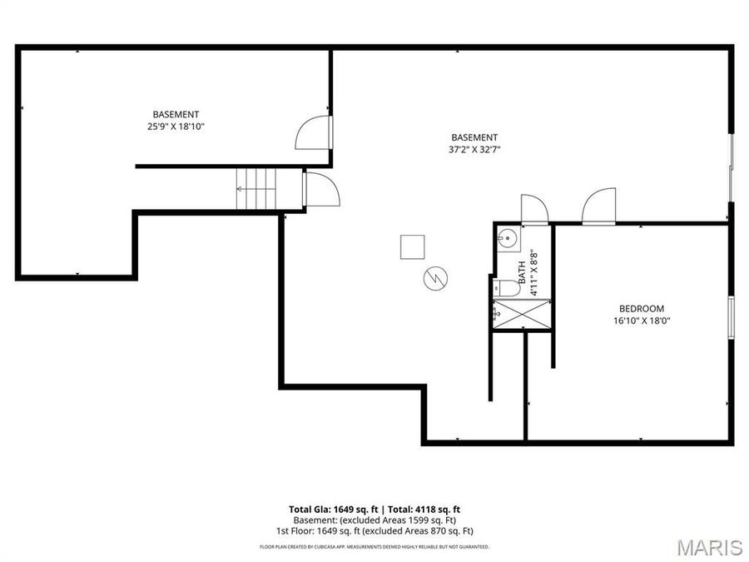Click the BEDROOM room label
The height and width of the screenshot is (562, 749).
point(641,308)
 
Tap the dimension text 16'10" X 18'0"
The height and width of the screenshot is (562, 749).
point(641,320)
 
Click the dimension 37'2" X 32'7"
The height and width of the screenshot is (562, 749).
point(474,150)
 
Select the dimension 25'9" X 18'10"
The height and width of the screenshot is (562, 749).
point(176,127)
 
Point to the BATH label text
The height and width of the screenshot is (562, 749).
point(523,273)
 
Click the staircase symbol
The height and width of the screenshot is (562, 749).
point(256,190)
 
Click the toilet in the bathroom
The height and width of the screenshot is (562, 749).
point(505,289)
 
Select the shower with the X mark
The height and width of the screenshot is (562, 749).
point(522,315)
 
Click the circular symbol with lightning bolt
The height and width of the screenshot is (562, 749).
point(435,278)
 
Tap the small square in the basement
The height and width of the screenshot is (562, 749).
point(413,247)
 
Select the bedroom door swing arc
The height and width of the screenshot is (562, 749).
point(598,207)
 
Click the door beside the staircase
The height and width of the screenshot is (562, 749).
point(321,189)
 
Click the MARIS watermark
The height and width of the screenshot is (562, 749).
point(709,547)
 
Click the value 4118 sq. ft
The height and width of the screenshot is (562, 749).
point(444,509)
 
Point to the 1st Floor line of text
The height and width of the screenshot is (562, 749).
point(374,530)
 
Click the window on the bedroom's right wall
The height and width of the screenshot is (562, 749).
point(732,317)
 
